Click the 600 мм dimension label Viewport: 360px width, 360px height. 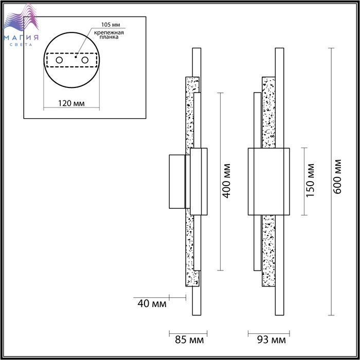tap(337, 176)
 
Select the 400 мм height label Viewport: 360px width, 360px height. tap(226, 181)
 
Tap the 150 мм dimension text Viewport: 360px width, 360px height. tap(310, 180)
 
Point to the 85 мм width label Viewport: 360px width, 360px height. tap(189, 340)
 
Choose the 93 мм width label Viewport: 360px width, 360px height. tap(272, 340)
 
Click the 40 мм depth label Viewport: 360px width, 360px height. tap(152, 303)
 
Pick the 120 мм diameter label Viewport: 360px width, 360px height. tap(71, 103)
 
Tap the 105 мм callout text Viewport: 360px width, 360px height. tap(111, 25)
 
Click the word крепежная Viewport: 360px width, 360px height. tap(109, 32)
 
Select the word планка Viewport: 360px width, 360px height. tap(109, 37)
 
